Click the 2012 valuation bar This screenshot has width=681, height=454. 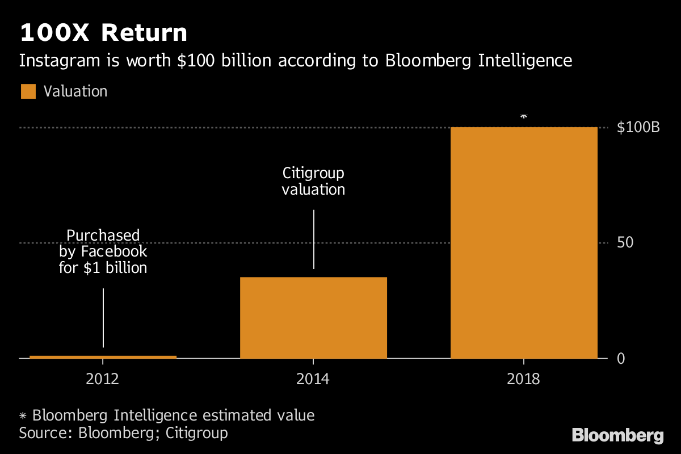[103, 356]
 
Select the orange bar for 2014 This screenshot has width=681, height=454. [313, 318]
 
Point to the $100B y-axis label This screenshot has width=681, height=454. [638, 128]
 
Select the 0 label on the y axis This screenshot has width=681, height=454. [621, 359]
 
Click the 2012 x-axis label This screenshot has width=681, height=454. [103, 379]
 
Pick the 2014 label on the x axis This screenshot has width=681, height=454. [313, 379]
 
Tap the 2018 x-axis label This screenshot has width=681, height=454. [523, 379]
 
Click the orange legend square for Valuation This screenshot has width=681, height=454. [28, 91]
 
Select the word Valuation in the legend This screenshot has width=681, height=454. [75, 91]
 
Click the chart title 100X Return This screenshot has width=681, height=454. [103, 33]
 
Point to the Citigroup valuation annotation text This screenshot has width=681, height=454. [313, 181]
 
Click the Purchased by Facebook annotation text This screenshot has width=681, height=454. [103, 251]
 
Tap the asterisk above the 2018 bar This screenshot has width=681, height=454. [523, 116]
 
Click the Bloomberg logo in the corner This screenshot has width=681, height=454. [617, 436]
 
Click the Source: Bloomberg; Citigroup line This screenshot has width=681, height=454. [123, 433]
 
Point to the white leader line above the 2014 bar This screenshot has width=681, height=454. [313, 239]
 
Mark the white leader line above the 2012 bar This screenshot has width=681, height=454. [103, 317]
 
